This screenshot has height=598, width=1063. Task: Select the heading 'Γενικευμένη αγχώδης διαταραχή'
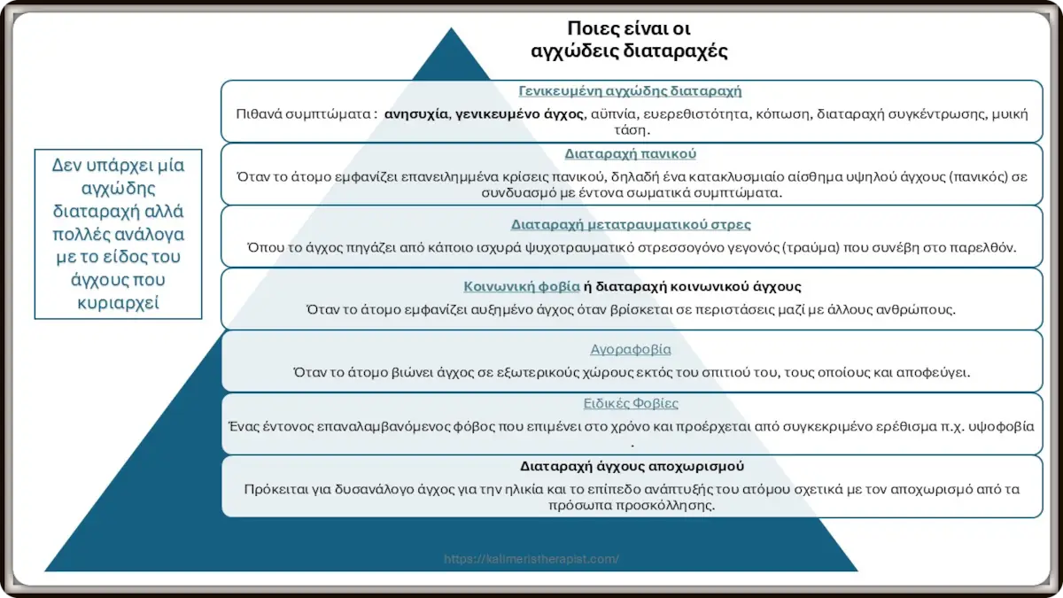(630, 90)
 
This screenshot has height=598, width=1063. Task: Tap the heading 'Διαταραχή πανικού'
(630, 153)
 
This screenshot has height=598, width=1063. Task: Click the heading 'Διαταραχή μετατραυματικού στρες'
(630, 224)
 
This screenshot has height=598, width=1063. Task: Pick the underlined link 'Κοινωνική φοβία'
(522, 286)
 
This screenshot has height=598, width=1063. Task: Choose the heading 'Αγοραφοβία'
(630, 349)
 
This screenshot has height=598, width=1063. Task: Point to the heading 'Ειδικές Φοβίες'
(630, 403)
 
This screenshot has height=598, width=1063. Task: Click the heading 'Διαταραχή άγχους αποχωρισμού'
(630, 466)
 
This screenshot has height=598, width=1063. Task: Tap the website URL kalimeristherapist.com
(531, 559)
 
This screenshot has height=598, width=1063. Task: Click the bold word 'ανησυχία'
(416, 113)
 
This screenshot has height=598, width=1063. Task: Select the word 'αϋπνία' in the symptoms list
(614, 113)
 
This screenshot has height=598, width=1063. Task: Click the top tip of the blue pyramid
(452, 28)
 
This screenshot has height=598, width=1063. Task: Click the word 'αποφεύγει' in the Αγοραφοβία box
(938, 372)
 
